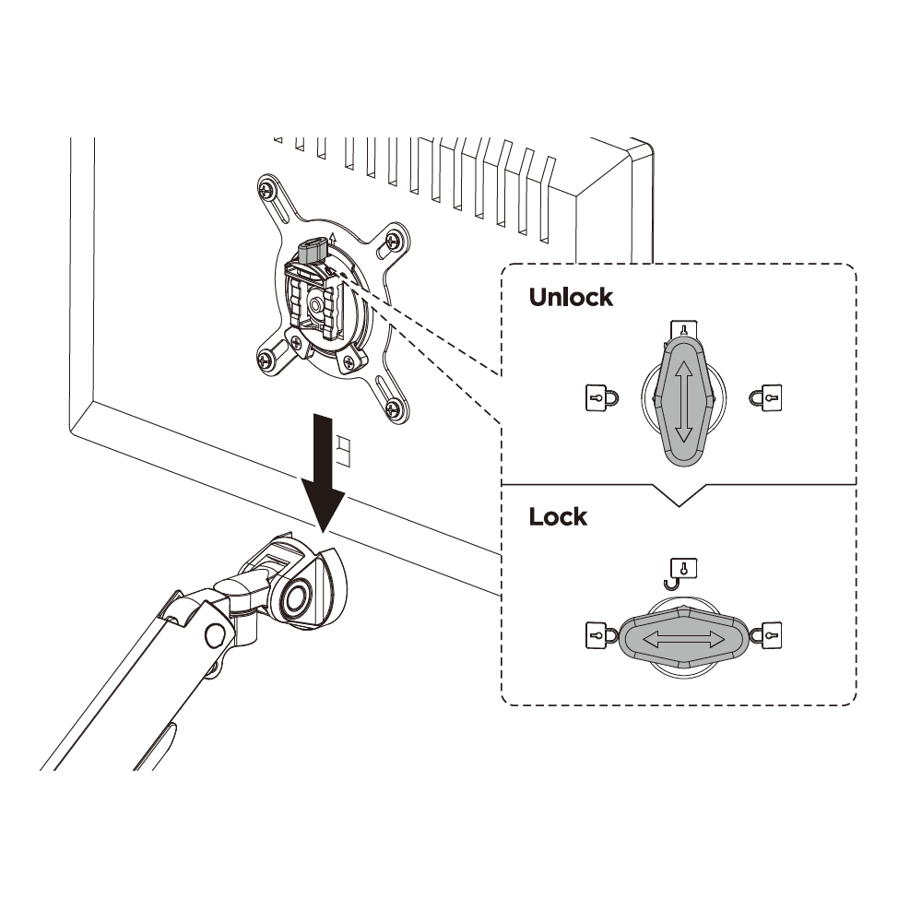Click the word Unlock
tap(571, 297)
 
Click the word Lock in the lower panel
tap(558, 517)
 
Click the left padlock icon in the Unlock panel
tap(601, 397)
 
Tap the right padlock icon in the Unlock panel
tap(765, 397)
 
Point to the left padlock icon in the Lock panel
tap(601, 635)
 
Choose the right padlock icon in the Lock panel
tap(765, 635)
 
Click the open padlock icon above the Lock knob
tap(682, 573)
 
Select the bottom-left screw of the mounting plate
tap(267, 358)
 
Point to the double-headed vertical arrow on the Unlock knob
tap(682, 402)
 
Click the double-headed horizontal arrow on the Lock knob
tap(683, 639)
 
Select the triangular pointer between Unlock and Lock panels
tap(680, 494)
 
